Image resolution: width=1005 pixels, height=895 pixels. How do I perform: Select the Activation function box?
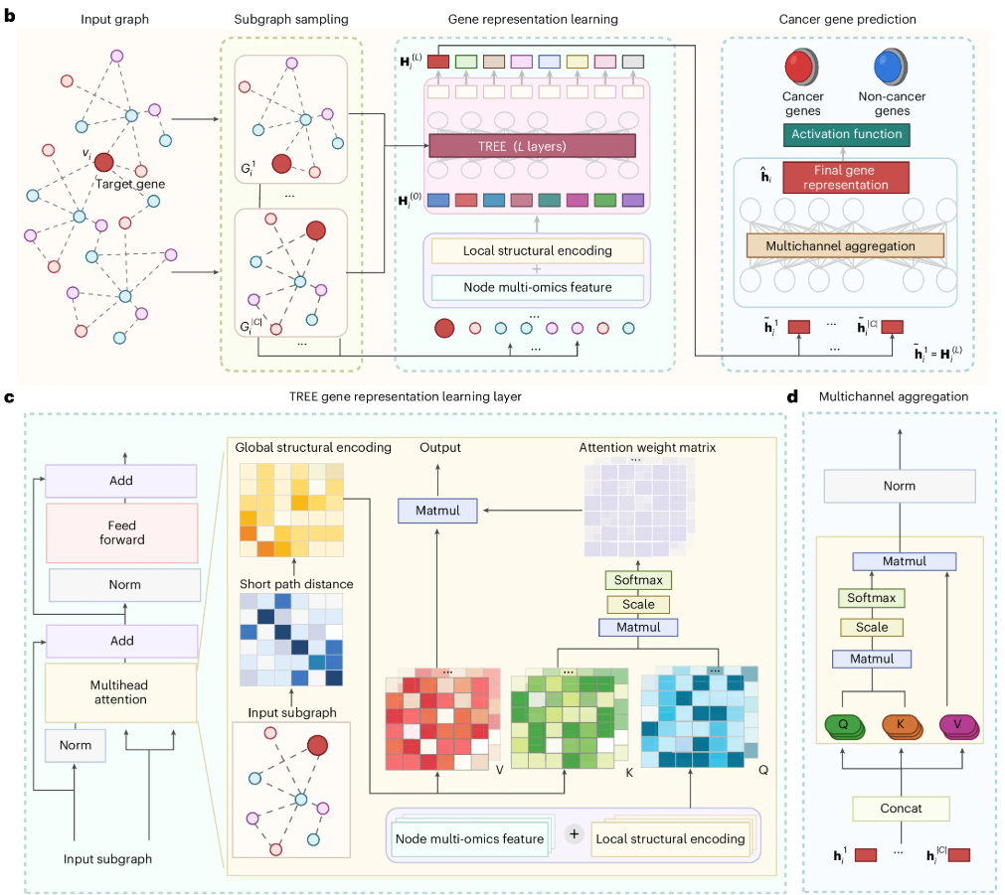point(846,134)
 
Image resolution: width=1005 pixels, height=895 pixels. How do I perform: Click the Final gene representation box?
point(845,177)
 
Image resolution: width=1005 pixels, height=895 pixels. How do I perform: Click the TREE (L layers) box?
point(532,146)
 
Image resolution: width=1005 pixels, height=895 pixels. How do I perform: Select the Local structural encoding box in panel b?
point(537,250)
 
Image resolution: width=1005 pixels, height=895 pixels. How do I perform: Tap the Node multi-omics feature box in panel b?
point(537,287)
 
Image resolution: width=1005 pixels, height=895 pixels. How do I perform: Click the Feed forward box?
point(123,532)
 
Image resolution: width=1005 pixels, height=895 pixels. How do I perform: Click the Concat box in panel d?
point(901,808)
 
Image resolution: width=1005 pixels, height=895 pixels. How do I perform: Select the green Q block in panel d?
point(844,725)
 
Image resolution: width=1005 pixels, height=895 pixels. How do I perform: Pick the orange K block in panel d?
point(901,725)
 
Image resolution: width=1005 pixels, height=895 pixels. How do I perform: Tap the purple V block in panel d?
point(956,725)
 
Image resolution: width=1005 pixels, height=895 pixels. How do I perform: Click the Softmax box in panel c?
point(638,580)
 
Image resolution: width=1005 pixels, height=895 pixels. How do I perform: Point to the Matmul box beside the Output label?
point(438,511)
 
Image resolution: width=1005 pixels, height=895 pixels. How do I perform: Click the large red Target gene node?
point(103,163)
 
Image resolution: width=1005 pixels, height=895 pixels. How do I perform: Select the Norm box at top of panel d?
point(901,486)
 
